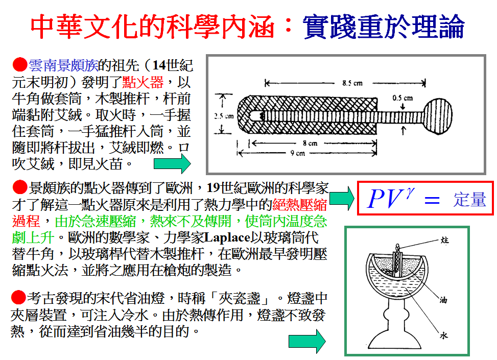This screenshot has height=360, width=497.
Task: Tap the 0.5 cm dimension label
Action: point(402,97)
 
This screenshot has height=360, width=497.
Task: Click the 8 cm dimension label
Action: point(309,143)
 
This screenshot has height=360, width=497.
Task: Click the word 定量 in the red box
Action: point(469,200)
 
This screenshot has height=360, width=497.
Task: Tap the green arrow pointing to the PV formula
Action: point(342,198)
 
